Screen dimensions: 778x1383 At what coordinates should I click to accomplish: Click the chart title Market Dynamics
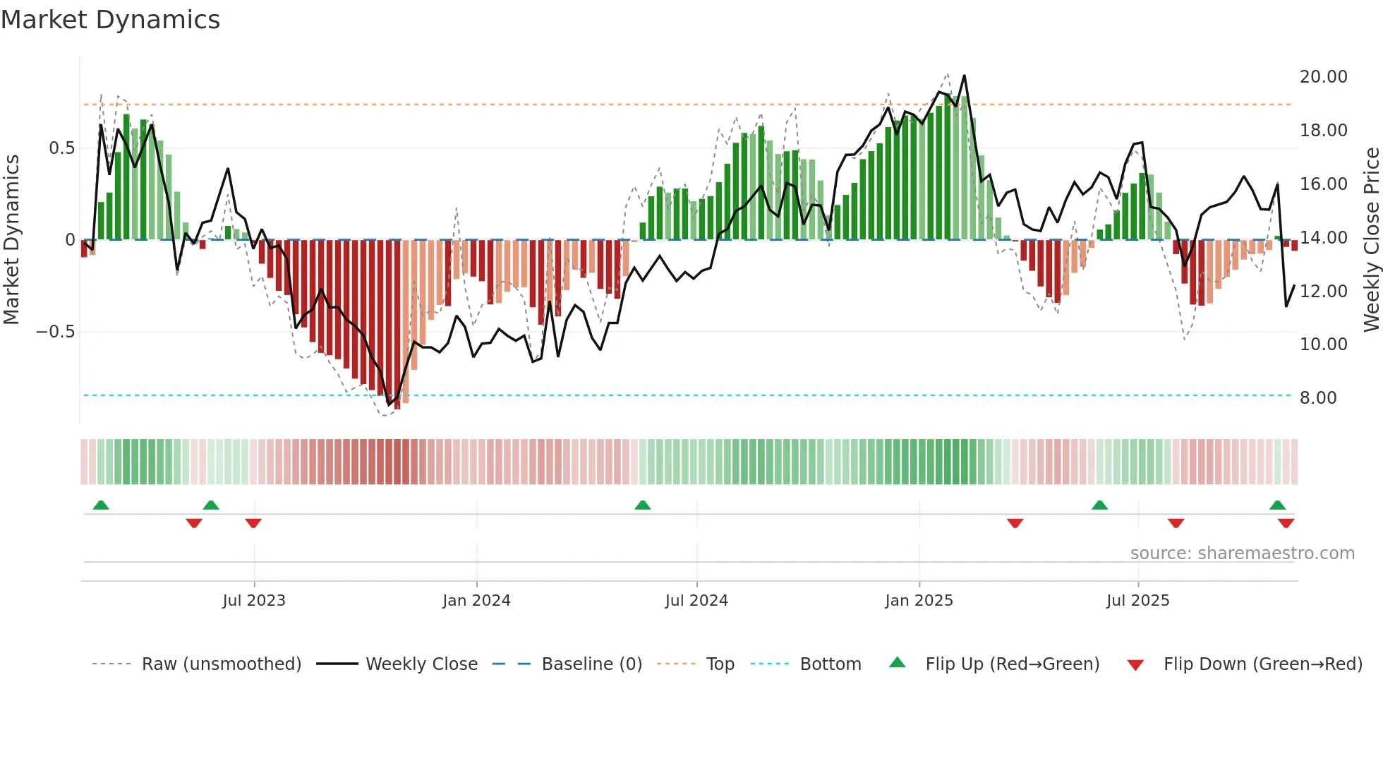pyautogui.click(x=110, y=20)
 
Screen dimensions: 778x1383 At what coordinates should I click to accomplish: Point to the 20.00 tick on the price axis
pyautogui.click(x=1323, y=77)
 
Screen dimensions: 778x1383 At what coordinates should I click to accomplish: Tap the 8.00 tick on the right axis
pyautogui.click(x=1317, y=398)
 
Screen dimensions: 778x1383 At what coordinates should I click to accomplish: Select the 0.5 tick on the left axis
pyautogui.click(x=61, y=148)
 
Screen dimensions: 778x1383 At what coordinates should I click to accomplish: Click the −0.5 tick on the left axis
pyautogui.click(x=56, y=332)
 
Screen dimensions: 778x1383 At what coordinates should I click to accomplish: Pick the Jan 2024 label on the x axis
pyautogui.click(x=476, y=601)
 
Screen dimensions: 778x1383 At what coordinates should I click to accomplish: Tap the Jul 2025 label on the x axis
pyautogui.click(x=1137, y=601)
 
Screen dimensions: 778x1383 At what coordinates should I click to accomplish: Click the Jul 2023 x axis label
pyautogui.click(x=254, y=601)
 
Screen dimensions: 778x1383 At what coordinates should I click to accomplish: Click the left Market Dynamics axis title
pyautogui.click(x=11, y=240)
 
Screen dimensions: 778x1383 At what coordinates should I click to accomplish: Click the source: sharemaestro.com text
pyautogui.click(x=1242, y=553)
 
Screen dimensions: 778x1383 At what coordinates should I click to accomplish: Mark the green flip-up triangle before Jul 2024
pyautogui.click(x=642, y=505)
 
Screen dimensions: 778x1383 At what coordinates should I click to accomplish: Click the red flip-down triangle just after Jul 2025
pyautogui.click(x=1176, y=523)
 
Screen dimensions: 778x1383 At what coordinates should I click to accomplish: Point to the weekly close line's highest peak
pyautogui.click(x=964, y=76)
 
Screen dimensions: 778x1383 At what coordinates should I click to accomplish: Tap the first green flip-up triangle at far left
pyautogui.click(x=101, y=505)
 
